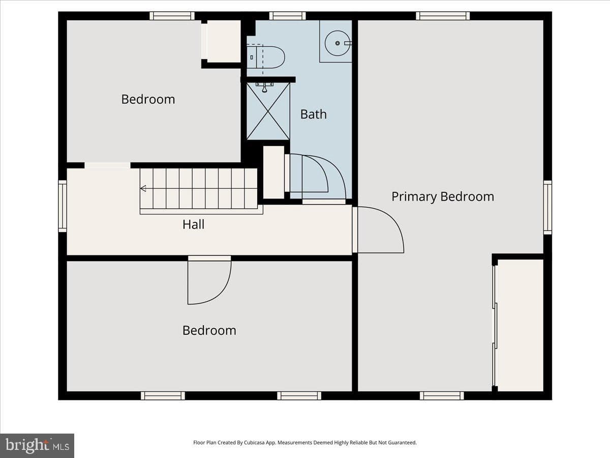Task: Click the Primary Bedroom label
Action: (x=443, y=197)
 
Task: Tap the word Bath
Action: (x=314, y=114)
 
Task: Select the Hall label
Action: (x=194, y=224)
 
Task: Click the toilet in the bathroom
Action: (x=266, y=58)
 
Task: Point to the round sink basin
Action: (x=338, y=43)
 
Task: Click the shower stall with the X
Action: (x=268, y=111)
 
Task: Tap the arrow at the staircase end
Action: (x=143, y=188)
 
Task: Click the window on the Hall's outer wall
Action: (x=63, y=206)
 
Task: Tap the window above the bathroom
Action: (x=287, y=16)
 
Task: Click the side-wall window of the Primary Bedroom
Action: (x=547, y=208)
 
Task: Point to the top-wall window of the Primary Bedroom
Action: (x=443, y=16)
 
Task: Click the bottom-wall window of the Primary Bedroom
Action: (x=442, y=395)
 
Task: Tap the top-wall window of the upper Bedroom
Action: (x=172, y=16)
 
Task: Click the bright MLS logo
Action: (x=37, y=446)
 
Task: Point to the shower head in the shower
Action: (x=264, y=88)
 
